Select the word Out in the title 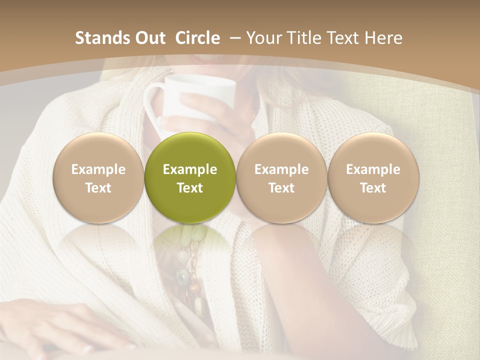click(x=148, y=38)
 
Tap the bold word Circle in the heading click(x=197, y=38)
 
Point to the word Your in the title click(x=263, y=38)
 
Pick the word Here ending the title click(x=384, y=38)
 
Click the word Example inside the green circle click(x=190, y=169)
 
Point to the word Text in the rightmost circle click(x=373, y=188)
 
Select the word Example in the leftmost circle click(x=98, y=169)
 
